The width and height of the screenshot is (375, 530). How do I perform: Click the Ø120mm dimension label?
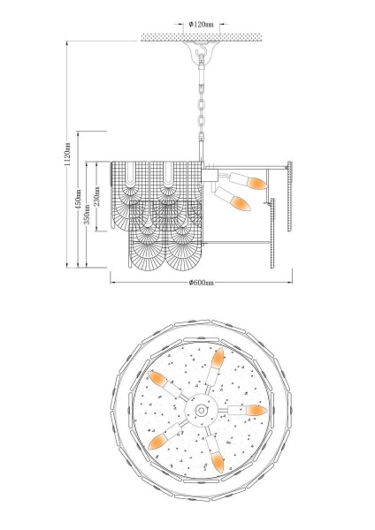click(202, 25)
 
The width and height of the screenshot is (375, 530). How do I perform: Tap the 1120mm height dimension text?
click(67, 154)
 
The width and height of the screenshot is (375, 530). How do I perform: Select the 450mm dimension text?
click(78, 199)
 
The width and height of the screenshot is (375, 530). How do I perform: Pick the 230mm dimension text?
click(96, 196)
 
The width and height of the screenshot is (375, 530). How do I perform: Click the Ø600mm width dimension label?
click(202, 283)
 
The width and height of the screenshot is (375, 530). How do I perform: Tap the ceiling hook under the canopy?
click(202, 52)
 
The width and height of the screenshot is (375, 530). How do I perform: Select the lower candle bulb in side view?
click(233, 199)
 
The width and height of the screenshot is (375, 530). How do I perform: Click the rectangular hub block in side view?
click(209, 176)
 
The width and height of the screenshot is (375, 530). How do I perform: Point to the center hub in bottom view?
click(201, 411)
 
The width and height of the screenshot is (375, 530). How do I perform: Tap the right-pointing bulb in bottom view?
click(248, 411)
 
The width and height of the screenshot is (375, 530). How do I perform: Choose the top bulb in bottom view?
click(215, 367)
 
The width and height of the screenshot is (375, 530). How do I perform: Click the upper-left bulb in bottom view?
click(165, 384)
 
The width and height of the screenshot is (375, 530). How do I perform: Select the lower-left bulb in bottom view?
click(165, 437)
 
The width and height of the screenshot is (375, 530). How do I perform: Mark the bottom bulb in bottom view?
click(215, 454)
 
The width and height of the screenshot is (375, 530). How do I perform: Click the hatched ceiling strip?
click(201, 37)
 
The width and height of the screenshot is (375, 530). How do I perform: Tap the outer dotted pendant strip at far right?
click(290, 196)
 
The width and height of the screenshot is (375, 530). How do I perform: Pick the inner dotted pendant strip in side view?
click(272, 233)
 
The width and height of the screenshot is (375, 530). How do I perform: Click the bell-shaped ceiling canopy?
click(202, 49)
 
